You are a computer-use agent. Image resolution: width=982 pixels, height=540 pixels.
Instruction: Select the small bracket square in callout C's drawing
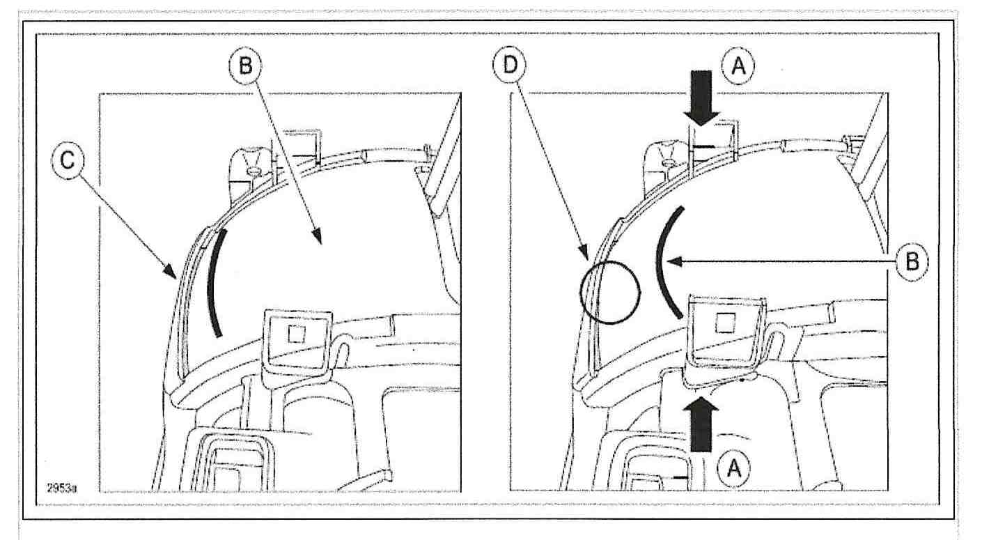(x=295, y=333)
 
